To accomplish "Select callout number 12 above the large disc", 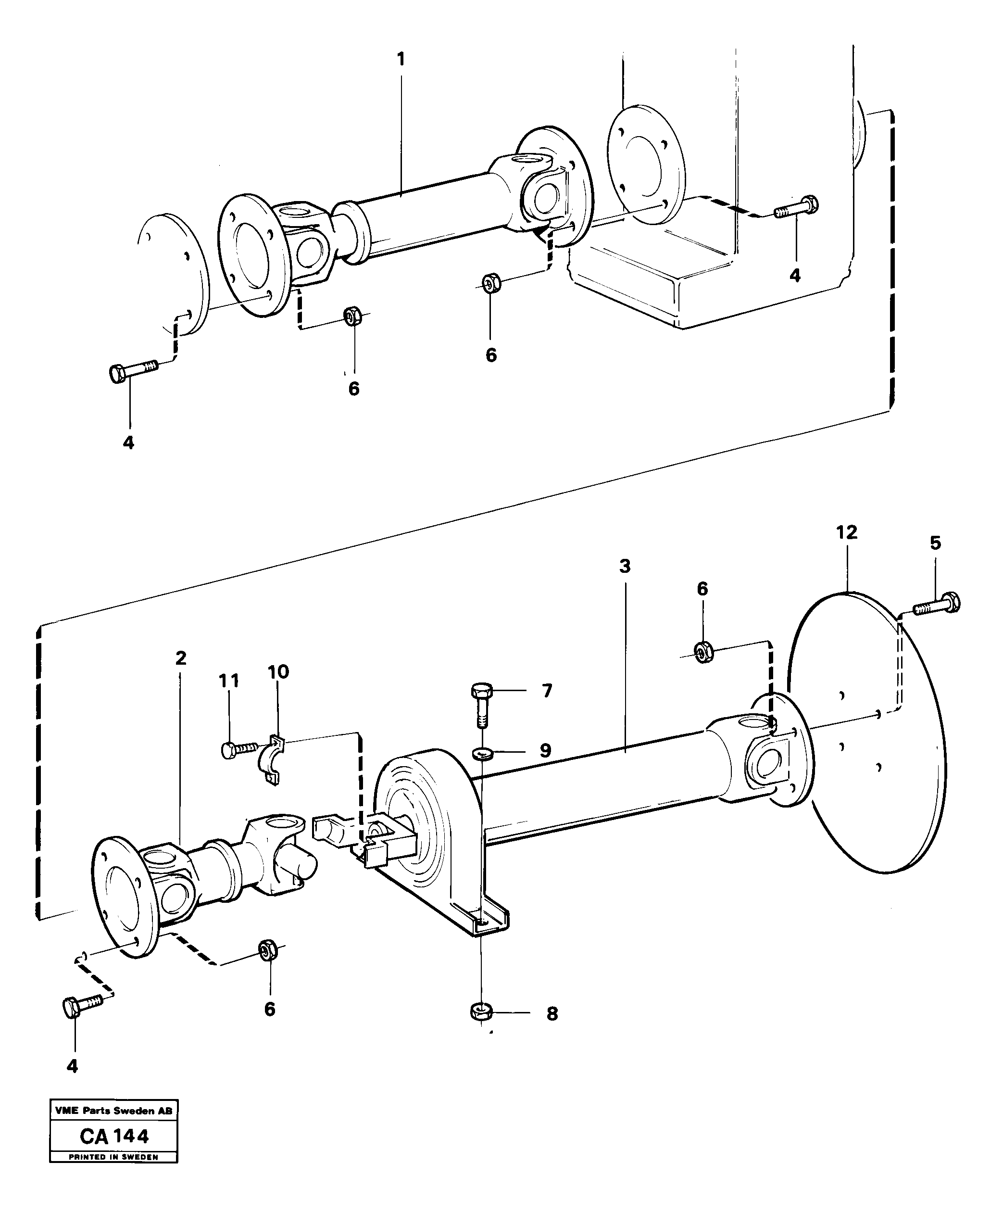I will [847, 532].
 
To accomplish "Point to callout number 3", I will [625, 567].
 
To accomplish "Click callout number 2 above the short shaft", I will [181, 657].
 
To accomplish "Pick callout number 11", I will [229, 681].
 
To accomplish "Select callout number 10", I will [278, 672].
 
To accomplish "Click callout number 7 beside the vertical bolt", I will [547, 690].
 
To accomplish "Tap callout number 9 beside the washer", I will [545, 750].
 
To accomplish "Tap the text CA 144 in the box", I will [114, 1136].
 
